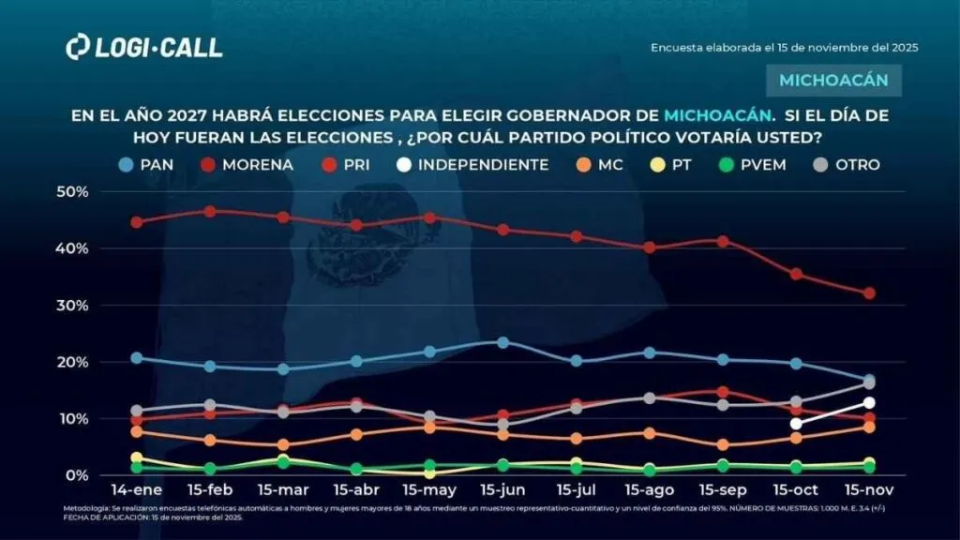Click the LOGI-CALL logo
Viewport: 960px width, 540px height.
[x=144, y=48]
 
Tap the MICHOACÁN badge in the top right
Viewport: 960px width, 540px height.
[x=833, y=80]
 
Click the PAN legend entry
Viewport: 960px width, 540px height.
[x=142, y=164]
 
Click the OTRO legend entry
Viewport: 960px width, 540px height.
[x=846, y=164]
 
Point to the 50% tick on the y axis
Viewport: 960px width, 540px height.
[x=72, y=191]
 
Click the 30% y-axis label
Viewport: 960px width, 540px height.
[x=72, y=306]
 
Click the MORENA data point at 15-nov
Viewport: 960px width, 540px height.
[x=869, y=293]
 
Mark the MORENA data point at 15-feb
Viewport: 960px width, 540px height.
[x=210, y=211]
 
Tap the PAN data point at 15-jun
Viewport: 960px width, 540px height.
[x=502, y=342]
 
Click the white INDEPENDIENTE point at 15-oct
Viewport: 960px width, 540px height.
[x=796, y=423]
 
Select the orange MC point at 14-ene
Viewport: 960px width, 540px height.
[x=137, y=431]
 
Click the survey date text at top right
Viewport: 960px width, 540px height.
[x=784, y=47]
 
